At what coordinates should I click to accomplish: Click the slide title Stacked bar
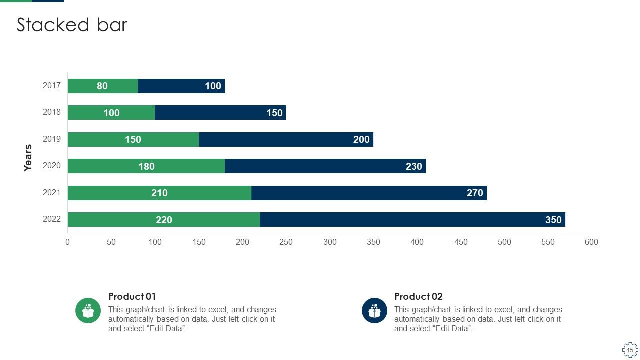tap(72, 25)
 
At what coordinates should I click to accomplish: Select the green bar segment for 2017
tap(103, 86)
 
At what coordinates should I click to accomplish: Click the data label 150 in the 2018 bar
tap(274, 113)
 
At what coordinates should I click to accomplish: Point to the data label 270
tap(475, 193)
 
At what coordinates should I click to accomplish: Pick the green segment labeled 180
tap(146, 166)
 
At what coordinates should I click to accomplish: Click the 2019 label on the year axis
tap(52, 139)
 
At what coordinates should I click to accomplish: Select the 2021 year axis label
tap(52, 192)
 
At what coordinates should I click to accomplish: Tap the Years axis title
tap(28, 158)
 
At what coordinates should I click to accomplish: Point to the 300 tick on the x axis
tap(330, 242)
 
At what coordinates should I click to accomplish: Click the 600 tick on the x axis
tap(591, 242)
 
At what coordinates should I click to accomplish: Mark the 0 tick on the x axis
tap(68, 242)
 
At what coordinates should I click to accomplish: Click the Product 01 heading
tap(132, 296)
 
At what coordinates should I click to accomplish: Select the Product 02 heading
tap(418, 296)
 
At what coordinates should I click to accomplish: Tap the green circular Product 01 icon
tap(88, 310)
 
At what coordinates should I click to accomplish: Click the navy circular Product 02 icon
tap(374, 310)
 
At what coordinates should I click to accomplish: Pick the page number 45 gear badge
tap(630, 350)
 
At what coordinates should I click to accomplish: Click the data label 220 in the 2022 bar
tap(164, 220)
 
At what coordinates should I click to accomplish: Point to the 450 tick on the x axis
tap(461, 242)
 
